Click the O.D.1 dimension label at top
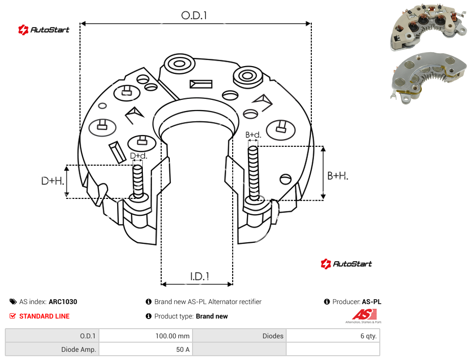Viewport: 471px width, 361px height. click(x=194, y=15)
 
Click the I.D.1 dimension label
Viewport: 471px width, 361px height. click(x=199, y=277)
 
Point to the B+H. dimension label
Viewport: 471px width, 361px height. click(x=338, y=176)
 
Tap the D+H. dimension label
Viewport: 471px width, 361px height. click(x=53, y=181)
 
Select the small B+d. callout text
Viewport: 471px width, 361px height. click(x=253, y=135)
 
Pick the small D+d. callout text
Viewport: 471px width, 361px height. click(x=139, y=156)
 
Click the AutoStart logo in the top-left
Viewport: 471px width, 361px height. click(x=43, y=30)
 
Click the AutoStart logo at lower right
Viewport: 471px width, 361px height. click(x=346, y=264)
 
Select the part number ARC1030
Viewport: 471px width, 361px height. click(x=63, y=302)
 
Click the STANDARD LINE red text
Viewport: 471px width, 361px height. click(x=44, y=316)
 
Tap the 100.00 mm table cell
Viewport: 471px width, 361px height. click(x=146, y=336)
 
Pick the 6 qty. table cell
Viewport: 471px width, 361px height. click(x=333, y=336)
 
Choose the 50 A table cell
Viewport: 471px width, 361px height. click(x=146, y=349)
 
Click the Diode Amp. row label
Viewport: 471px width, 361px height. click(x=52, y=349)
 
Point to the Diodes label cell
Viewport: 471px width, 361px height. click(x=239, y=336)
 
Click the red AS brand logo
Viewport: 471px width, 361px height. click(x=364, y=316)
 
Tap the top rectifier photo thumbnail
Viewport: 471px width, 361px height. click(x=429, y=26)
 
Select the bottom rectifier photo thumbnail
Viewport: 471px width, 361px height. click(x=429, y=78)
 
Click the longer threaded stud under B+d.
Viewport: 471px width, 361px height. click(x=253, y=174)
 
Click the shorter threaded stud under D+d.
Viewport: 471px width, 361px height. click(x=138, y=181)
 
